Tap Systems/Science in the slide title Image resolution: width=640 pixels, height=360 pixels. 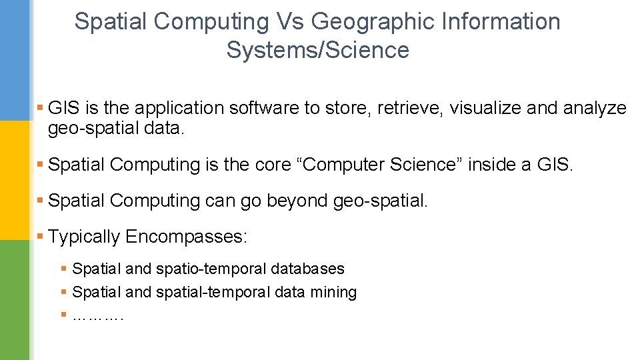(317, 50)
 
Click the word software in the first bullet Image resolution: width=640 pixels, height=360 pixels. (271, 108)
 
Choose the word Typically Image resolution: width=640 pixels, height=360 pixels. (84, 237)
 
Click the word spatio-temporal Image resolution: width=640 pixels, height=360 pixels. (211, 269)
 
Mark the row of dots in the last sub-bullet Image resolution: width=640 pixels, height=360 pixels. (97, 315)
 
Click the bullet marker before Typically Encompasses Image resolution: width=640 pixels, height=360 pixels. (41, 236)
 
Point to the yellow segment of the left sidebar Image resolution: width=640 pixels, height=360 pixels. (15, 180)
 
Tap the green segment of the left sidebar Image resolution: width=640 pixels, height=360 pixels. (15, 300)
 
